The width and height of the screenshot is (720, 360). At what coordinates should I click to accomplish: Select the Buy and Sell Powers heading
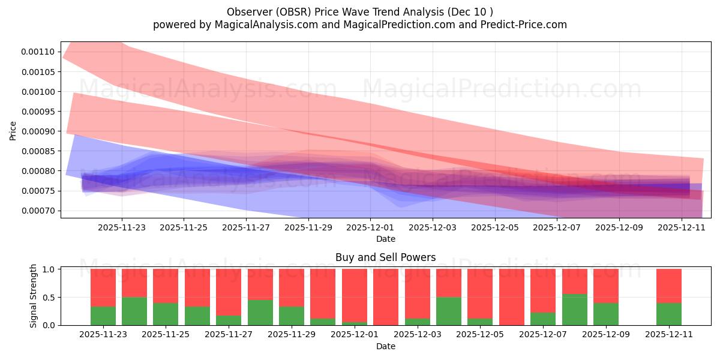click(x=385, y=257)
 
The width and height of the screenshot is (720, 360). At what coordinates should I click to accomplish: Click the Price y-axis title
click(x=13, y=130)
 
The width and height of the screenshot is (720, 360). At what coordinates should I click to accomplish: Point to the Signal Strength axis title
click(x=34, y=296)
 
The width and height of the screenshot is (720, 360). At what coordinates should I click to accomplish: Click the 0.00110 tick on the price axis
click(x=37, y=52)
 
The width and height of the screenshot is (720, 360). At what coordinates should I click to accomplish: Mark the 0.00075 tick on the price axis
click(x=37, y=191)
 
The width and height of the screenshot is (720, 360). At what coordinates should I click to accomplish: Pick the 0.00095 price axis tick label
click(x=37, y=111)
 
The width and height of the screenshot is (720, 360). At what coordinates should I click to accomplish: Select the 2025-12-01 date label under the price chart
click(x=370, y=227)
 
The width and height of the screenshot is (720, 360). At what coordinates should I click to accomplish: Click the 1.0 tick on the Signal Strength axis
click(x=50, y=269)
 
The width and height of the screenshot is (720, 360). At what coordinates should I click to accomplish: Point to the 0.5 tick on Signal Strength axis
click(x=50, y=297)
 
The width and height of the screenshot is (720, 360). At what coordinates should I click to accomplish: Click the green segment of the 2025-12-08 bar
click(x=574, y=310)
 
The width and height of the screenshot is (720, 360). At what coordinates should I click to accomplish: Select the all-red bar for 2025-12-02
click(x=386, y=297)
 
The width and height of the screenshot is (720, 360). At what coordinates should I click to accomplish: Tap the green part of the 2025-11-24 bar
click(x=134, y=311)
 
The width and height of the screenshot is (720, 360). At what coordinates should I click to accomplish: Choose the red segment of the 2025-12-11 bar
click(x=668, y=286)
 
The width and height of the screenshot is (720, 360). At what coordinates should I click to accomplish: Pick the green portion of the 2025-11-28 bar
click(x=260, y=312)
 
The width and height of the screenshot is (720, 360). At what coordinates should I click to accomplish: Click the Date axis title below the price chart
click(x=385, y=239)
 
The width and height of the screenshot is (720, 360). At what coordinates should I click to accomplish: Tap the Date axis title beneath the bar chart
click(x=385, y=346)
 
